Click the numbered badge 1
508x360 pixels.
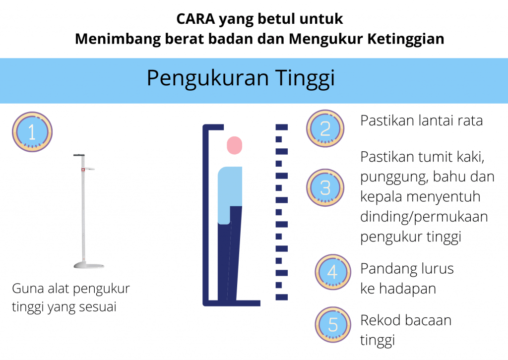(32, 132)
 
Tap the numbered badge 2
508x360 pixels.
(325, 128)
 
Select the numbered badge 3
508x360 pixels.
(325, 187)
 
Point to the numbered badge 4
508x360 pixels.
(333, 272)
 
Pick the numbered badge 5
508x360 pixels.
(333, 324)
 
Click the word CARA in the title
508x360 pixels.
(195, 19)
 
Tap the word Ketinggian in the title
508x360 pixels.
(406, 39)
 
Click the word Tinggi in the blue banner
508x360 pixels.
(305, 79)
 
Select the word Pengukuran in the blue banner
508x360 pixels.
(208, 79)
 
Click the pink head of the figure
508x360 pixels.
(235, 145)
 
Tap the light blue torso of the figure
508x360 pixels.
(229, 194)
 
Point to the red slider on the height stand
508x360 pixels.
(83, 169)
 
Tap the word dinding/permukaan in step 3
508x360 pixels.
(424, 217)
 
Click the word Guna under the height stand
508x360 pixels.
(28, 289)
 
